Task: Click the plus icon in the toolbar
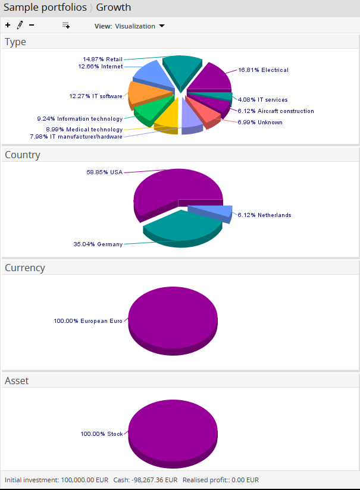(x=8, y=26)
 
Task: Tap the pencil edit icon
(x=20, y=25)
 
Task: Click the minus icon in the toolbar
(x=32, y=26)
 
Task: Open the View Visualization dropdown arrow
(x=162, y=26)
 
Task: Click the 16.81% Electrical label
(x=263, y=70)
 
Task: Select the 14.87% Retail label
(x=102, y=59)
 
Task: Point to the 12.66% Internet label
(x=100, y=67)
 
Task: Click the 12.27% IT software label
(x=96, y=96)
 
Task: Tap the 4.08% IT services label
(x=262, y=100)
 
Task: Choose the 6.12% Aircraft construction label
(x=276, y=111)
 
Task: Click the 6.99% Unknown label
(x=260, y=122)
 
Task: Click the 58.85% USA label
(x=104, y=172)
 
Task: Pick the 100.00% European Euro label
(x=88, y=321)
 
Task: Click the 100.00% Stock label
(x=102, y=434)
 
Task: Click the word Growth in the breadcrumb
(x=114, y=8)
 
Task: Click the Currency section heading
(x=25, y=268)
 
